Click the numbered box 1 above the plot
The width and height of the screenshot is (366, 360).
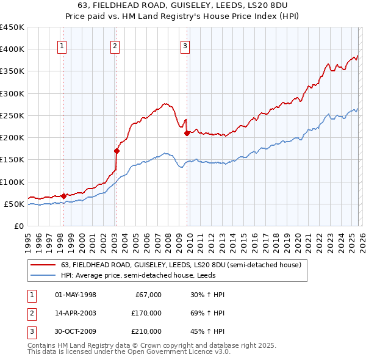point(63,45)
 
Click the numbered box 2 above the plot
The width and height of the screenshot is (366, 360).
point(115,45)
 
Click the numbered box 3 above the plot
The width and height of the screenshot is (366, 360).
point(185,45)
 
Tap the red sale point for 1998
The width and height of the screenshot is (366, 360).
point(63,196)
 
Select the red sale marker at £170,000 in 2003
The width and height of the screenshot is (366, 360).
point(116,150)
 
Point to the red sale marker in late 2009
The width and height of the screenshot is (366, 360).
point(187,132)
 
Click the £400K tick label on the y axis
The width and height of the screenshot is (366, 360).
point(12,49)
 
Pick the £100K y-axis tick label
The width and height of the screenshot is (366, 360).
point(12,182)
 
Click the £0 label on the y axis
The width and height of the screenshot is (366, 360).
point(18,226)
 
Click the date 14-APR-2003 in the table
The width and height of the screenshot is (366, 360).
point(76,313)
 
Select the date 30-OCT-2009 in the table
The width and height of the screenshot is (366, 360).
point(76,331)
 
